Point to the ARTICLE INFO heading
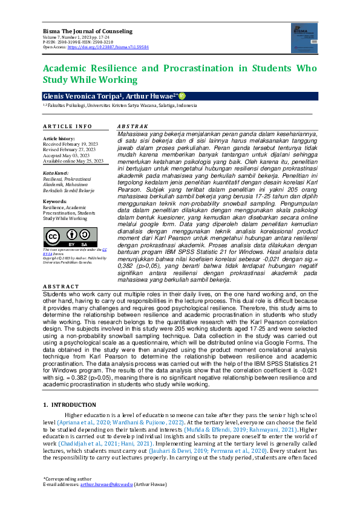[x=67, y=126]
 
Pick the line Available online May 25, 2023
[x=73, y=161]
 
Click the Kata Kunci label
[x=56, y=173]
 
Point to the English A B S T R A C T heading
[x=61, y=286]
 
